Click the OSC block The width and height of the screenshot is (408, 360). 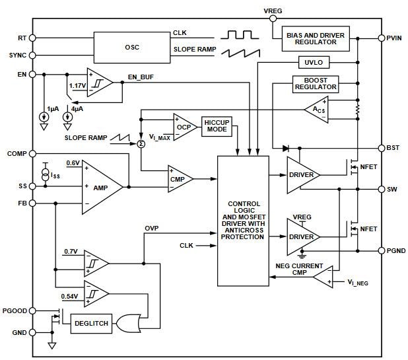click(x=132, y=46)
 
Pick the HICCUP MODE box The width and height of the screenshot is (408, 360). click(x=217, y=126)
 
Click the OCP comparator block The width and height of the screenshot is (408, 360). click(x=183, y=126)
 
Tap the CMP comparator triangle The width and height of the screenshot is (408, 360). click(x=179, y=178)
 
